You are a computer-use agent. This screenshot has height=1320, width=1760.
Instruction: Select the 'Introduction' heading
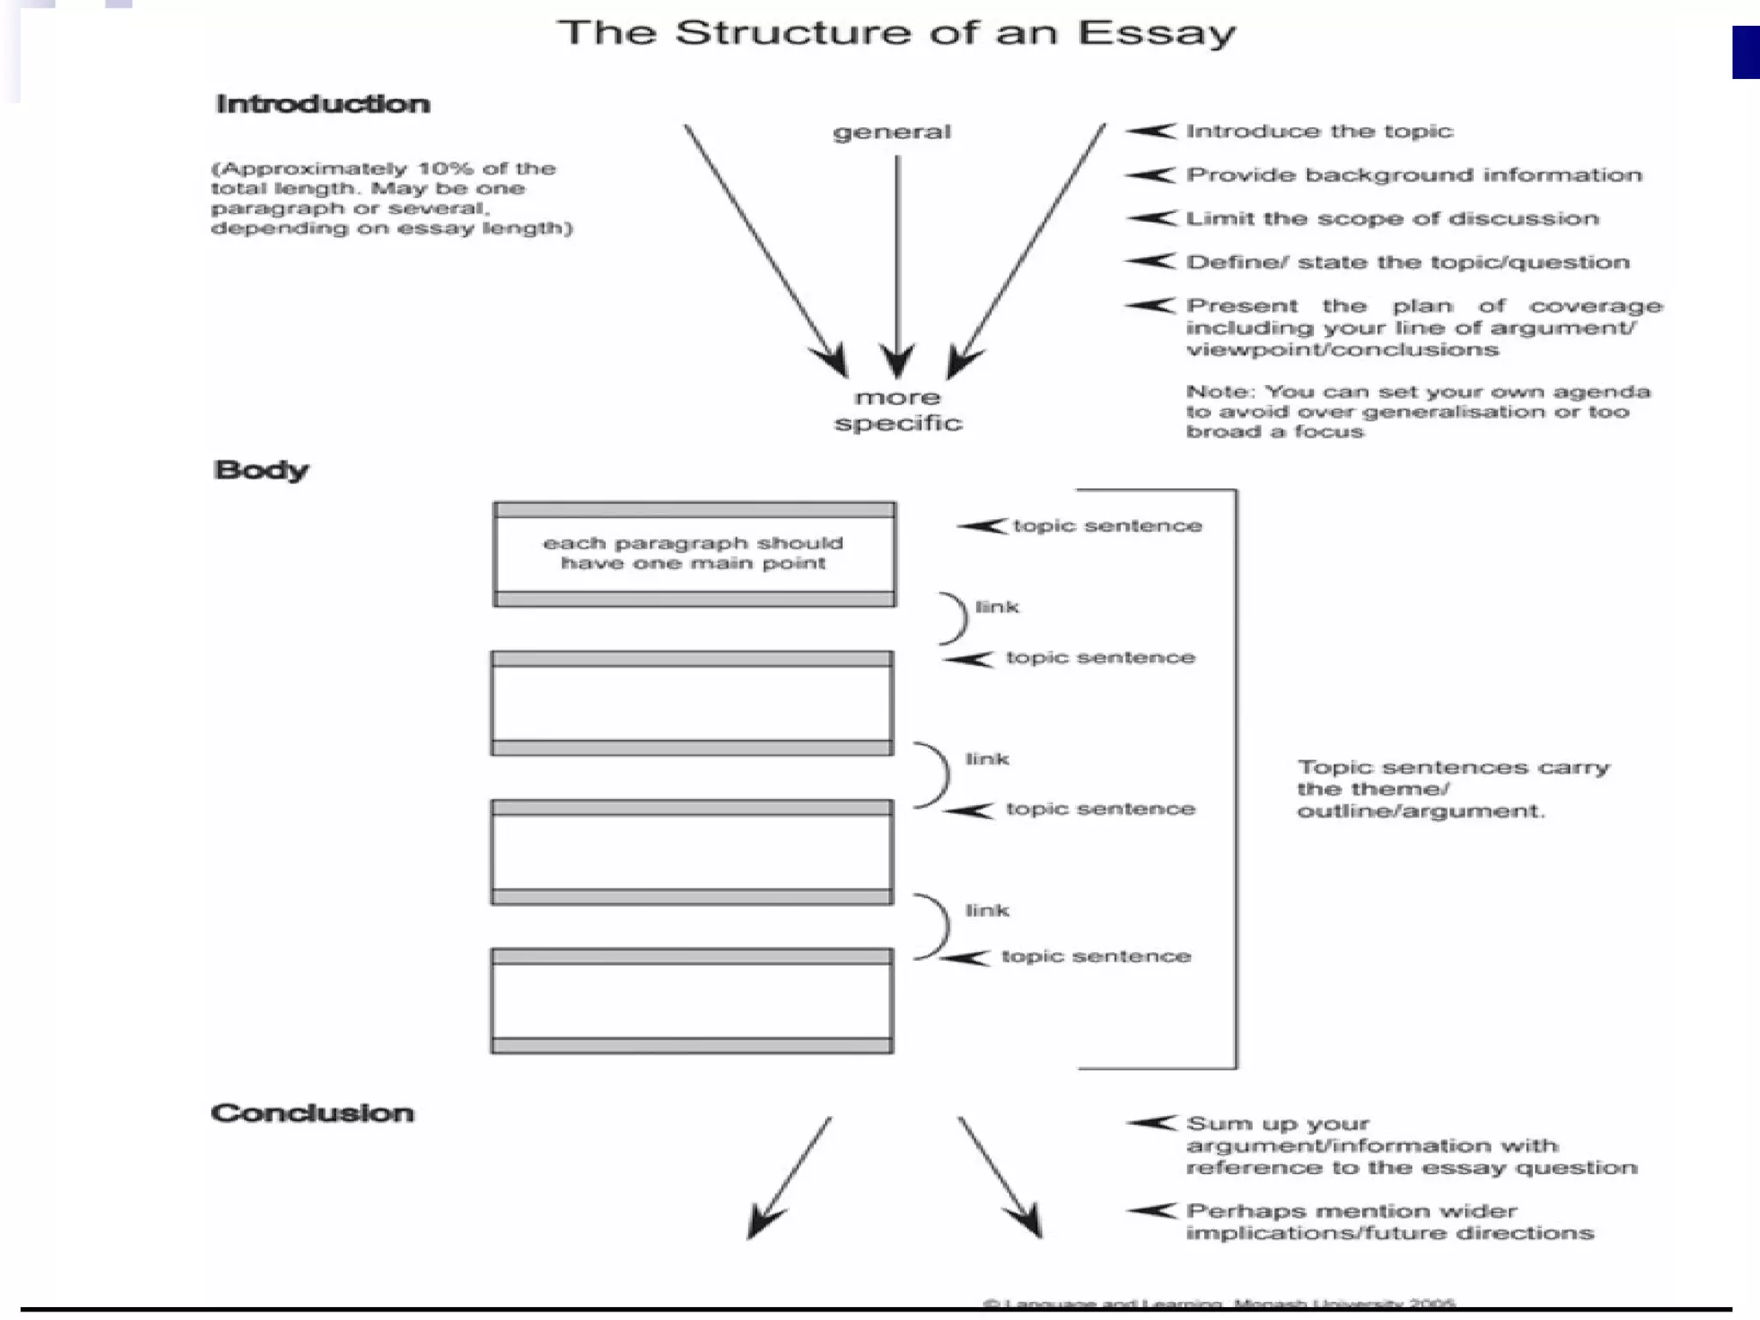tap(322, 104)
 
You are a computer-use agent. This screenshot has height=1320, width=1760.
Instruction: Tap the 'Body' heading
tap(260, 470)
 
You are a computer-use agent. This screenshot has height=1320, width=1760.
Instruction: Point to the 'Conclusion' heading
tap(312, 1113)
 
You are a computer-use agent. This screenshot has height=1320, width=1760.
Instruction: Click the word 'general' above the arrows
tap(892, 132)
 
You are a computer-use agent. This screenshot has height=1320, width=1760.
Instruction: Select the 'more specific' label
tap(898, 411)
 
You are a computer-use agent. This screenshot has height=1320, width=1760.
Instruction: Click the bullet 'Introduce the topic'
tap(1319, 131)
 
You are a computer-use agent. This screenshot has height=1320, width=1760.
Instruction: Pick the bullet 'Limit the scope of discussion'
tap(1392, 218)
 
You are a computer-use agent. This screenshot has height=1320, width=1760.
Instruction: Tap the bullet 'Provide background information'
tap(1414, 175)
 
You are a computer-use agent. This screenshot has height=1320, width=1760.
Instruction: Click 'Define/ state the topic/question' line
tap(1408, 262)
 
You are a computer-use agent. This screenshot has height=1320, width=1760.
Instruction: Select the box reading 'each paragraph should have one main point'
tap(694, 553)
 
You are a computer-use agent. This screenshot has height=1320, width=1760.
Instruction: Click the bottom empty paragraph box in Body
tap(692, 1001)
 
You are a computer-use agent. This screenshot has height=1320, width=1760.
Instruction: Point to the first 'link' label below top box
tap(997, 608)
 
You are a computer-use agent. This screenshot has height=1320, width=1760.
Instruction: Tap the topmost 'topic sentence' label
tap(1107, 526)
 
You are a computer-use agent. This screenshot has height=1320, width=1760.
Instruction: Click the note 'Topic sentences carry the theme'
tap(1452, 789)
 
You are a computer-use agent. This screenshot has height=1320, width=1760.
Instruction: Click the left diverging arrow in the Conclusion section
tap(790, 1177)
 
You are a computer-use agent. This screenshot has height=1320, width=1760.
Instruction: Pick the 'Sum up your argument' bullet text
tap(1411, 1146)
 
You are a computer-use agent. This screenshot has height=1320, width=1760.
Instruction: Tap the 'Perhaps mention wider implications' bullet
tap(1390, 1222)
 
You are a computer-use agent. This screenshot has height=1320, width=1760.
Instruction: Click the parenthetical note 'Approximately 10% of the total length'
tap(391, 199)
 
